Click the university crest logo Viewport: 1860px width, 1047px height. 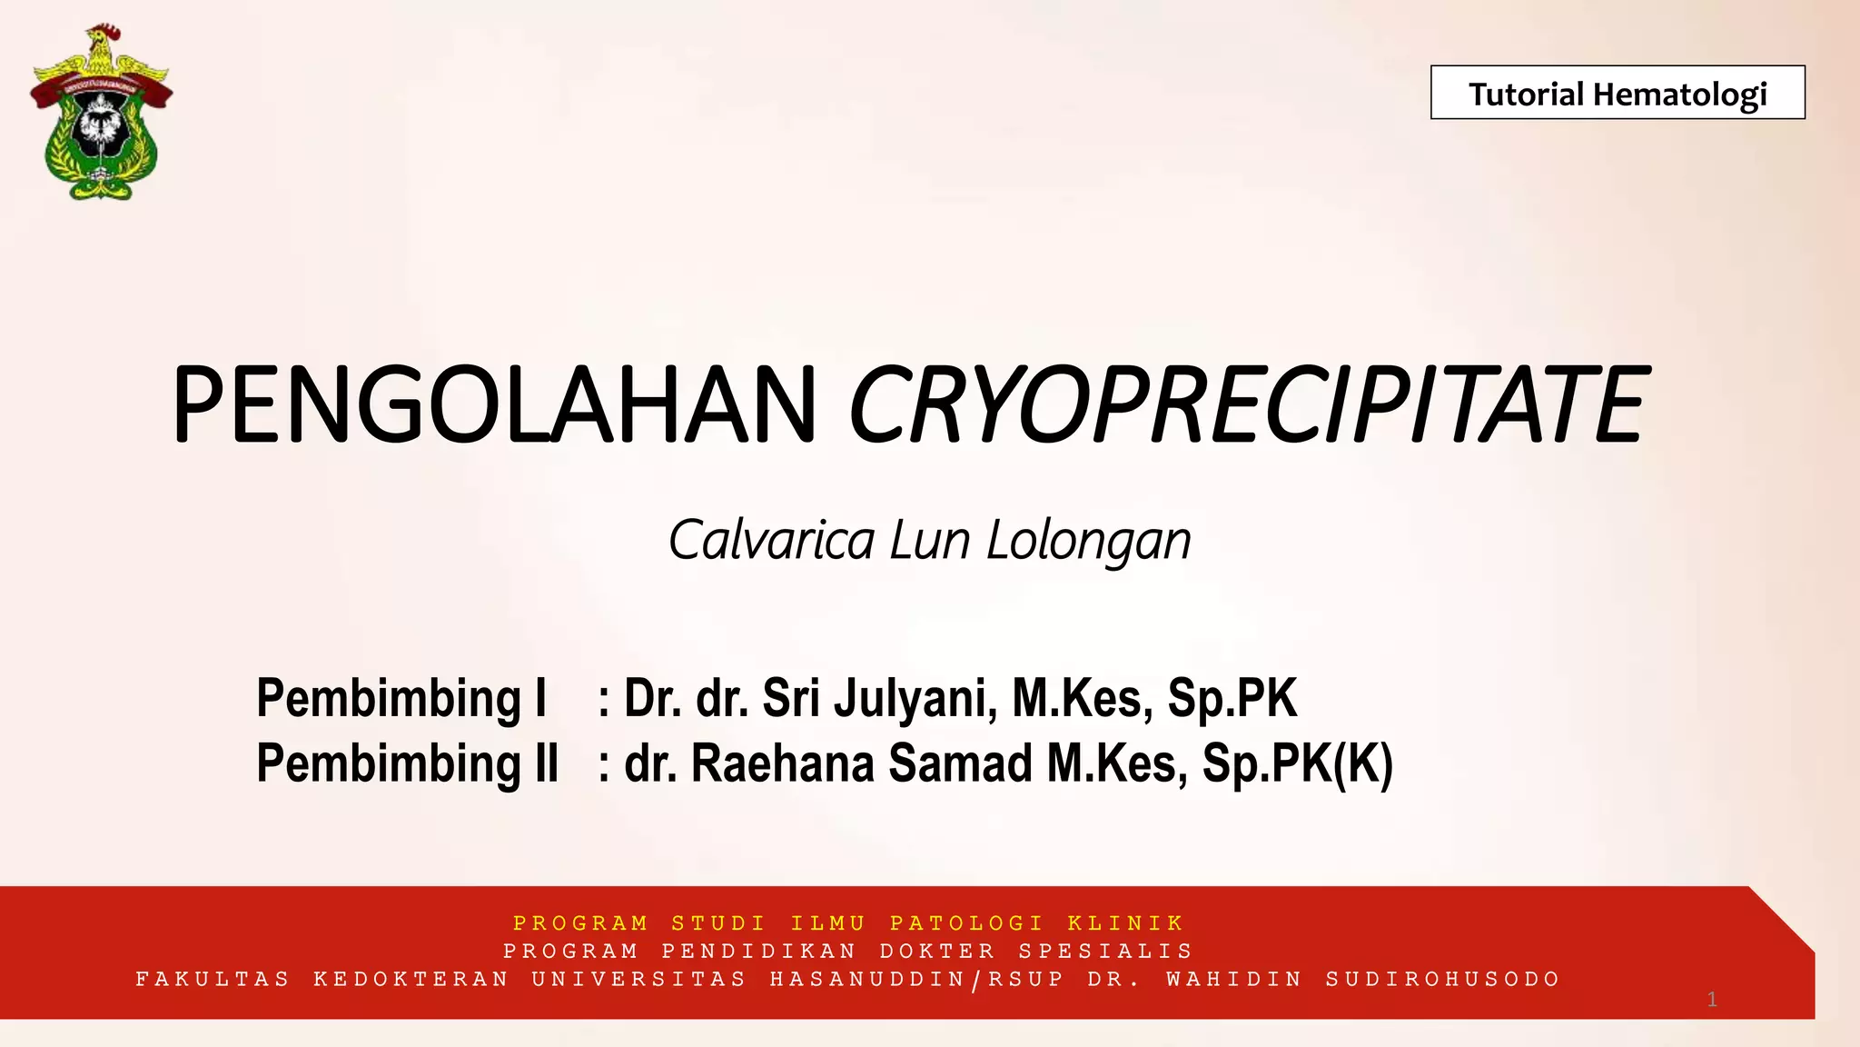click(x=101, y=114)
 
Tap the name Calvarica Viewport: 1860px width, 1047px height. click(x=771, y=540)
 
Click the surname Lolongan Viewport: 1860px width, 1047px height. click(x=1088, y=542)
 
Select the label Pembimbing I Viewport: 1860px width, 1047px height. click(x=401, y=698)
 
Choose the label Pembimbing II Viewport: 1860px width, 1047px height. click(x=408, y=763)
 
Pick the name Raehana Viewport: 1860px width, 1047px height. click(x=784, y=763)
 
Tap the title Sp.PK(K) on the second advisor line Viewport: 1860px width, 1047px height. click(x=1297, y=763)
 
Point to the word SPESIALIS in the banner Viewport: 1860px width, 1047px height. click(x=1105, y=951)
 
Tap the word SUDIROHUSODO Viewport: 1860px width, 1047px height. click(x=1442, y=979)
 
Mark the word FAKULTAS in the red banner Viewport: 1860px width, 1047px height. click(x=213, y=979)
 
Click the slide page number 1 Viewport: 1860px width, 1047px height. click(x=1712, y=1000)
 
